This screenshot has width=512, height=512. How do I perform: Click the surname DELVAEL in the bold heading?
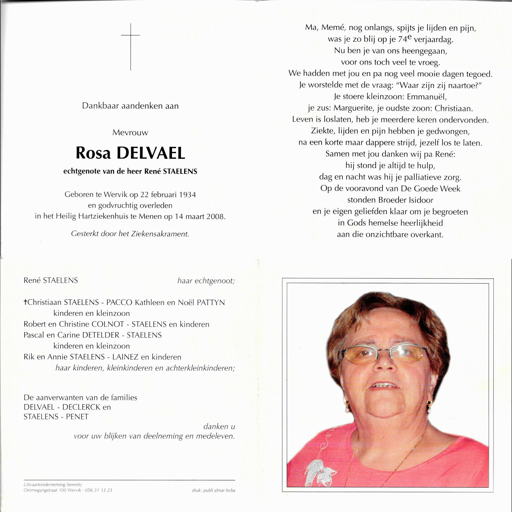point(151,153)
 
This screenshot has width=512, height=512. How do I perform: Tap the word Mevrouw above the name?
point(130,133)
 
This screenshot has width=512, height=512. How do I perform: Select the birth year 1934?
point(187,195)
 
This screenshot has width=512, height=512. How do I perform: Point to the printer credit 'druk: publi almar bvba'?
point(213,490)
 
